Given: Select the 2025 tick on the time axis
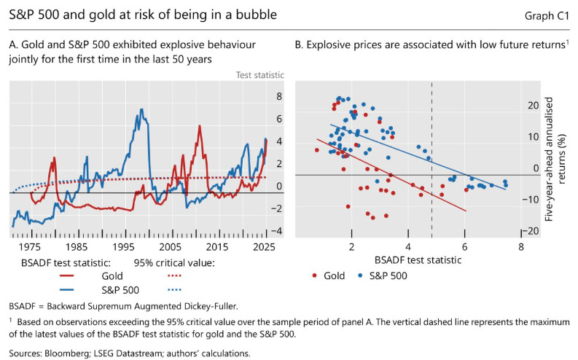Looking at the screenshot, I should pos(266,247).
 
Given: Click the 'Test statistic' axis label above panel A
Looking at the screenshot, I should pos(259,75).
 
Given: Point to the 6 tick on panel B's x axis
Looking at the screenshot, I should pos(464,247).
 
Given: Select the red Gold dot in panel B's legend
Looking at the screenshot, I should pos(314,275).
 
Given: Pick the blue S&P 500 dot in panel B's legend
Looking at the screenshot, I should pos(361,275).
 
